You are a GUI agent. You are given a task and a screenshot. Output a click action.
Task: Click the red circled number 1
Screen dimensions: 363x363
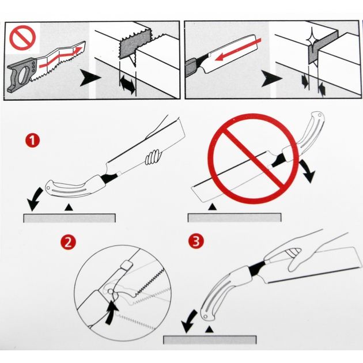pyautogui.click(x=32, y=140)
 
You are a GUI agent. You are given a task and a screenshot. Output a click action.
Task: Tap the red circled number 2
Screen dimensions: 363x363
pyautogui.click(x=68, y=242)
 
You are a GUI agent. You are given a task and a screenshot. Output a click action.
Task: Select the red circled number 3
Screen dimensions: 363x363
pyautogui.click(x=196, y=241)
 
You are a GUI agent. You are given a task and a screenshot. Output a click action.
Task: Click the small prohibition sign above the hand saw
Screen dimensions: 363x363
pyautogui.click(x=22, y=37)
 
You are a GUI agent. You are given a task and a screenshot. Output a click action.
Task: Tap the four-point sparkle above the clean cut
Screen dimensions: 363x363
pyautogui.click(x=312, y=40)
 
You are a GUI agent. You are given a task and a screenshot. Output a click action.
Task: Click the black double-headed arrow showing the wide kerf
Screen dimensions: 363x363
pyautogui.click(x=127, y=85)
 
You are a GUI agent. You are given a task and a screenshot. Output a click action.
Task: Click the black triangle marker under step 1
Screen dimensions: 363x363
pyautogui.click(x=69, y=207)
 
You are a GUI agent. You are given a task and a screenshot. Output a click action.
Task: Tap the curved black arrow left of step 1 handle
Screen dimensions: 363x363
pyautogui.click(x=35, y=199)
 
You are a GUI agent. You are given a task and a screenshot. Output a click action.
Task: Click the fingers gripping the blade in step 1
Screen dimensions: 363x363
pyautogui.click(x=153, y=157)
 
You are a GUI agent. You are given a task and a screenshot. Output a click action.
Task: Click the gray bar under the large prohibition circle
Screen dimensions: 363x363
pyautogui.click(x=235, y=218)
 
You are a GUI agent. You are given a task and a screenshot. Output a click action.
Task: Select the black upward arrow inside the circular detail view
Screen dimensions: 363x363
pyautogui.click(x=112, y=312)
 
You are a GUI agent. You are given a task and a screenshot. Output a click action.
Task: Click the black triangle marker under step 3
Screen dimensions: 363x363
pyautogui.click(x=209, y=330)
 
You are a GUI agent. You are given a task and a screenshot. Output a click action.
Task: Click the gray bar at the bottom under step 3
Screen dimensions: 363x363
pyautogui.click(x=210, y=339)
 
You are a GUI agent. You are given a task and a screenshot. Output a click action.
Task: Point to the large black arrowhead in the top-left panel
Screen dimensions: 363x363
pyautogui.click(x=90, y=78)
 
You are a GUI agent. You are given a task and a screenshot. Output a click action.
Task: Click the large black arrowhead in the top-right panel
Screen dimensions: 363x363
pyautogui.click(x=271, y=79)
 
